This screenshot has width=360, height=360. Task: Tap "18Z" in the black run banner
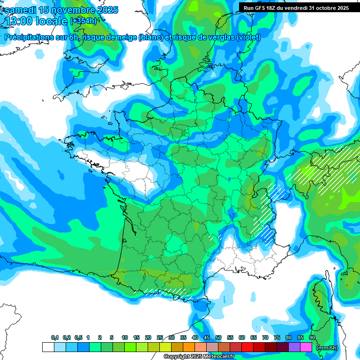click(x=273, y=8)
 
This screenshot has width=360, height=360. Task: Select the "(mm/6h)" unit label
click(x=327, y=348)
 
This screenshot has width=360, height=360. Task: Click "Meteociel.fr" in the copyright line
click(x=215, y=357)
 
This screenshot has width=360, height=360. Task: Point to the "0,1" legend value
click(x=54, y=338)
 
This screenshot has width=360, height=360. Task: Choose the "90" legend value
click(x=312, y=338)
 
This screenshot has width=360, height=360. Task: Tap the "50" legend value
click(x=218, y=338)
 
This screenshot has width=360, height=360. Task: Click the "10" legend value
click(x=125, y=338)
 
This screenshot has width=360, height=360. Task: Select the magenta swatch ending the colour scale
click(x=306, y=347)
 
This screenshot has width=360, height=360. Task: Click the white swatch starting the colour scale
click(x=48, y=347)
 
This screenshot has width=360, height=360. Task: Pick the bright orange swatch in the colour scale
click(x=189, y=347)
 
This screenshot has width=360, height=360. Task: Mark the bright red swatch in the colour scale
click(x=247, y=347)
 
